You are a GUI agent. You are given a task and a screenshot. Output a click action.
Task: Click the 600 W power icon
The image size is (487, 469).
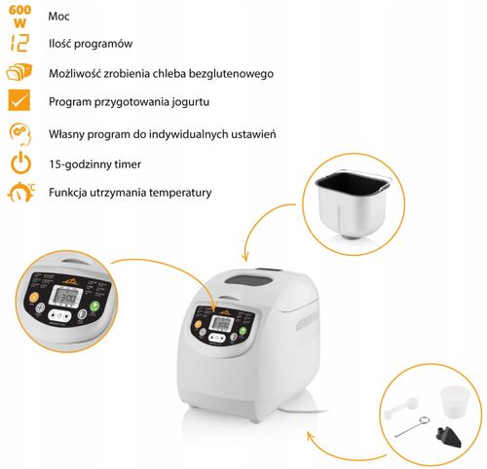[x=19, y=17]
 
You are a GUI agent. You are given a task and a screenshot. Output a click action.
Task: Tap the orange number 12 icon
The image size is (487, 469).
[x=19, y=44]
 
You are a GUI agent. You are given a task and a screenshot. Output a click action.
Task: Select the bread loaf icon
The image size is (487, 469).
[x=19, y=73]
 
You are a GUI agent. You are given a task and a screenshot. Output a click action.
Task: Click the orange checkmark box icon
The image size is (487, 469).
[x=19, y=101]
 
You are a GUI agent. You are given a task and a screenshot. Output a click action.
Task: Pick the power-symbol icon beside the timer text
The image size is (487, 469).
[x=19, y=162]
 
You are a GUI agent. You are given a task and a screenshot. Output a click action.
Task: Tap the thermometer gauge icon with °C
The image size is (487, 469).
[x=19, y=192]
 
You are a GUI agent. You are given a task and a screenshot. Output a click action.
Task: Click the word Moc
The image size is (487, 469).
[x=59, y=18]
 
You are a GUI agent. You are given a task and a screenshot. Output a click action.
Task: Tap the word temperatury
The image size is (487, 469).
[x=179, y=193]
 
